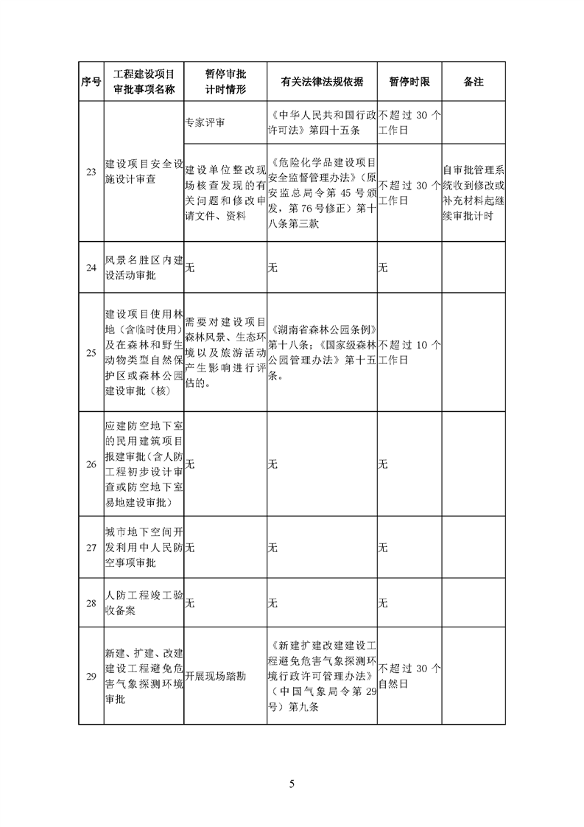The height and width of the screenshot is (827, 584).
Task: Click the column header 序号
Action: [91, 83]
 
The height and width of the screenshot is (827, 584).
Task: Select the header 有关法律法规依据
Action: [322, 83]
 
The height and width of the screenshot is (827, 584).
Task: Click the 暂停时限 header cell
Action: [409, 83]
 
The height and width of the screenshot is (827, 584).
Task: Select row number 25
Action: [91, 353]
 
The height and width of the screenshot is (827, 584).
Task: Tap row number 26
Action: [91, 464]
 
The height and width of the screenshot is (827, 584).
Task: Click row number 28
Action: [91, 603]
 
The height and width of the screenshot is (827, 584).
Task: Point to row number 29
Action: [91, 676]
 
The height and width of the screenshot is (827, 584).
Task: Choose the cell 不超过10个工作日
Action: [409, 353]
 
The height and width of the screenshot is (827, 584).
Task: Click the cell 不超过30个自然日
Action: [409, 676]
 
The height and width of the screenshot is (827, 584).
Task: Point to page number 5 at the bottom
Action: [292, 783]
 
